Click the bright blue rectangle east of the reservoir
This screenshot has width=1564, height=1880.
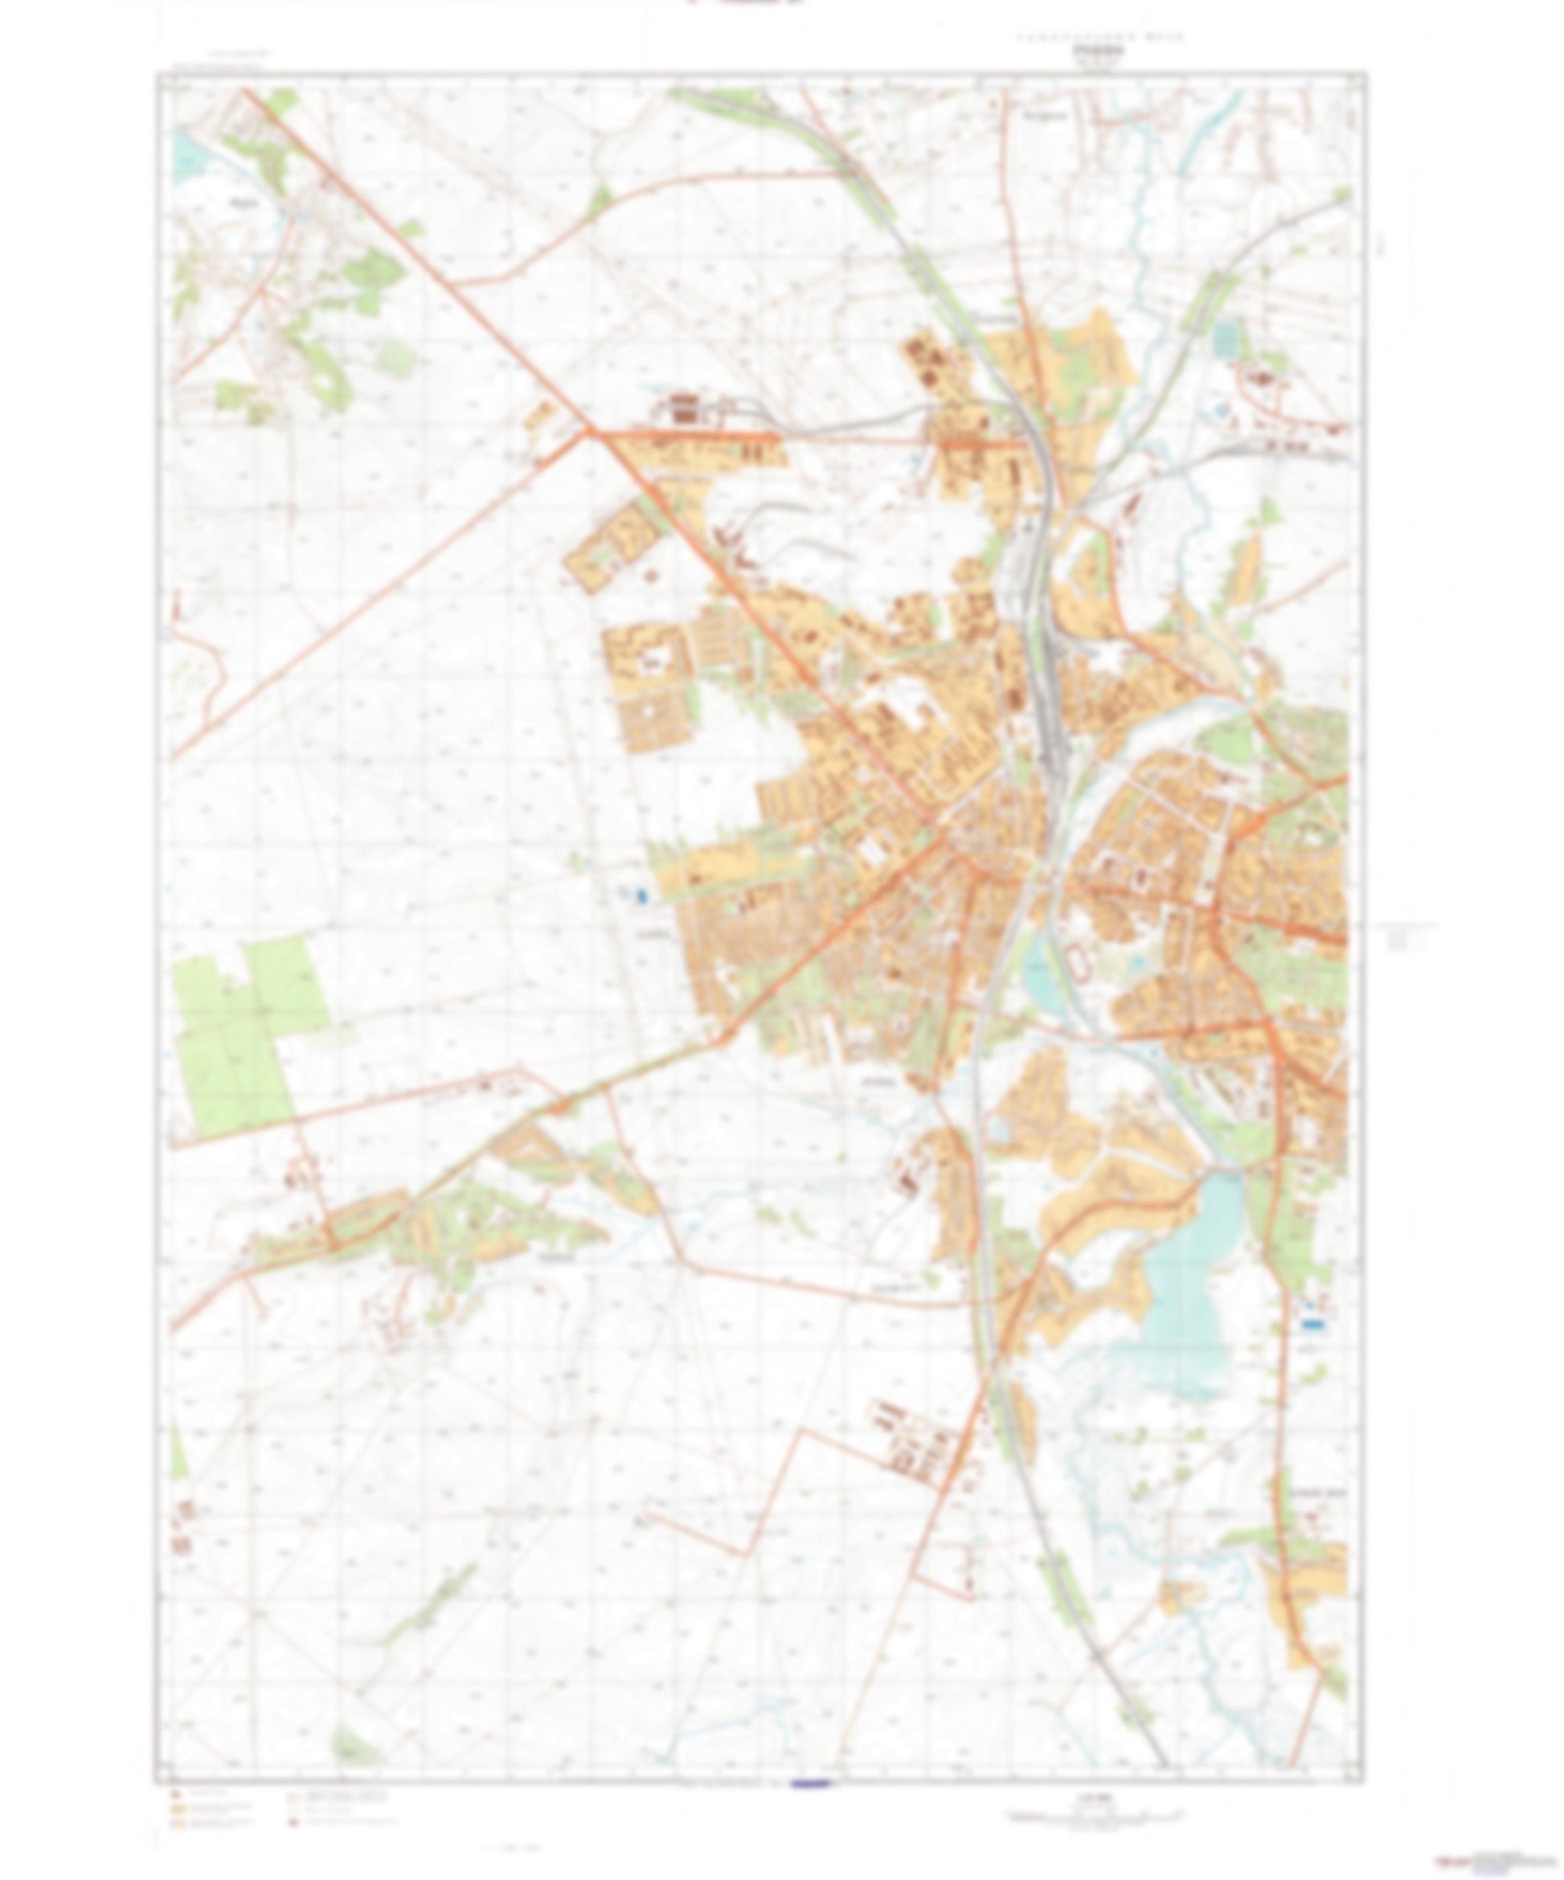[x=1312, y=1322]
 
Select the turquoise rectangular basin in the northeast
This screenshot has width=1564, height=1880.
[x=1225, y=338]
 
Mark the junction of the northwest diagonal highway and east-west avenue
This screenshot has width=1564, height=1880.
[x=588, y=433]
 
